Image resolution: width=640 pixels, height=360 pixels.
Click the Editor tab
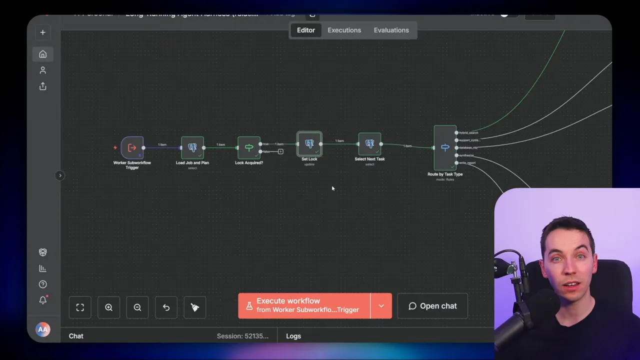click(305, 30)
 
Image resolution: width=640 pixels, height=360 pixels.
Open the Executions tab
click(344, 30)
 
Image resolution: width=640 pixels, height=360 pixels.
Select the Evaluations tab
click(391, 30)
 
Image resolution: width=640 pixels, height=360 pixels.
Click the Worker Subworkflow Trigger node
click(132, 147)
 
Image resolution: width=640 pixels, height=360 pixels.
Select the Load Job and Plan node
click(192, 147)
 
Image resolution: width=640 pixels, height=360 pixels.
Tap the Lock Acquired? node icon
click(249, 147)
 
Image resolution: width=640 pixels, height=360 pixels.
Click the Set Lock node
click(309, 144)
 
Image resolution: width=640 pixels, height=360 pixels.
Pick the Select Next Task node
click(370, 144)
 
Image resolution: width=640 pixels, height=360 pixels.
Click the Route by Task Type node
click(445, 147)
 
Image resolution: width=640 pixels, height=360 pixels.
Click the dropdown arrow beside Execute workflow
click(381, 306)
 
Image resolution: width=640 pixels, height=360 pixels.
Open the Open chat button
click(432, 306)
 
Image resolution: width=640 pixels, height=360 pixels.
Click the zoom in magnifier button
click(108, 307)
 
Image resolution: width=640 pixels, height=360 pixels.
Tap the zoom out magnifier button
click(137, 307)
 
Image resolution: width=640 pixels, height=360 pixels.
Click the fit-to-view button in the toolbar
click(80, 307)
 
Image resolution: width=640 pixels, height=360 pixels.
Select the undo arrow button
click(166, 307)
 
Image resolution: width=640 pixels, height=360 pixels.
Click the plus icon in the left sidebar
click(42, 32)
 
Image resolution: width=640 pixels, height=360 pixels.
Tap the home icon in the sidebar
click(42, 54)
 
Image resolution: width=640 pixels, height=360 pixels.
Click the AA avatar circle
click(42, 329)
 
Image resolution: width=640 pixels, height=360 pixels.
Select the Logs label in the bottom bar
click(293, 336)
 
